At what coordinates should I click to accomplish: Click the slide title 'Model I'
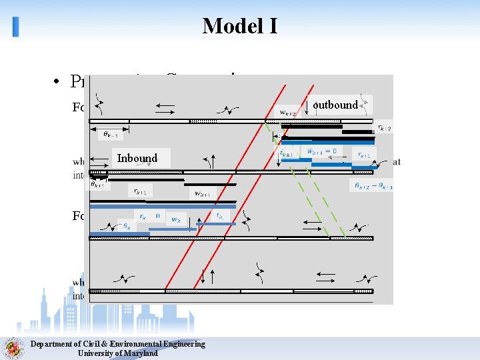tap(240, 26)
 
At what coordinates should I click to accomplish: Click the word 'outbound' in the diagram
tap(335, 105)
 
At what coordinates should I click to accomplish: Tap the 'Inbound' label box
tap(137, 158)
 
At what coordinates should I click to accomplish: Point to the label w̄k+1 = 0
tap(321, 152)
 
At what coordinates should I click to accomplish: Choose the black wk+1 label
tap(203, 194)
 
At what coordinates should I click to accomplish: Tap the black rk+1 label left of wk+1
tap(139, 191)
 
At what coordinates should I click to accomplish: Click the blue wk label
tap(177, 219)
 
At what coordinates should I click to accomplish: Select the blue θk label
tap(125, 226)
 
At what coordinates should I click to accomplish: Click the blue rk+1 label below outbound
tap(364, 154)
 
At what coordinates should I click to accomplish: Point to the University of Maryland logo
tap(12, 348)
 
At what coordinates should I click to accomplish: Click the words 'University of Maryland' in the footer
tap(118, 353)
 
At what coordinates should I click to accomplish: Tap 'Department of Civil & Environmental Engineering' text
tap(118, 344)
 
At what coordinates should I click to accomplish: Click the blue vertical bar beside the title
tap(15, 26)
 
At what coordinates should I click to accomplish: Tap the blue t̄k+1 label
tap(287, 153)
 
